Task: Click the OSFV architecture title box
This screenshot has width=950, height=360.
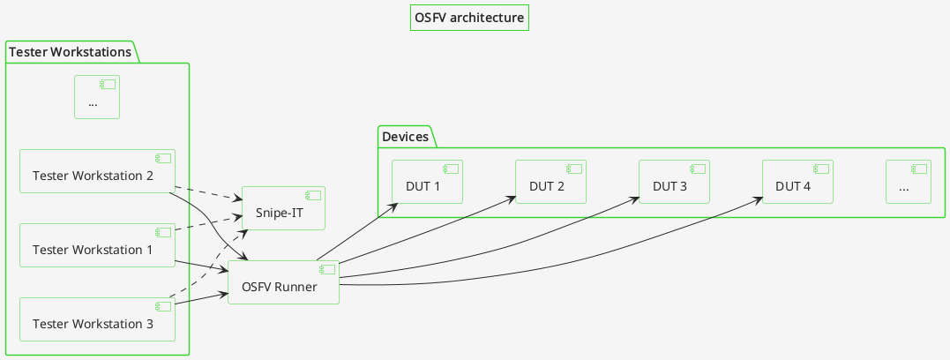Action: [469, 18]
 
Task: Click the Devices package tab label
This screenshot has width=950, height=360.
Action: [405, 137]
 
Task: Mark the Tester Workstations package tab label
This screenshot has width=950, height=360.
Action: [70, 53]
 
